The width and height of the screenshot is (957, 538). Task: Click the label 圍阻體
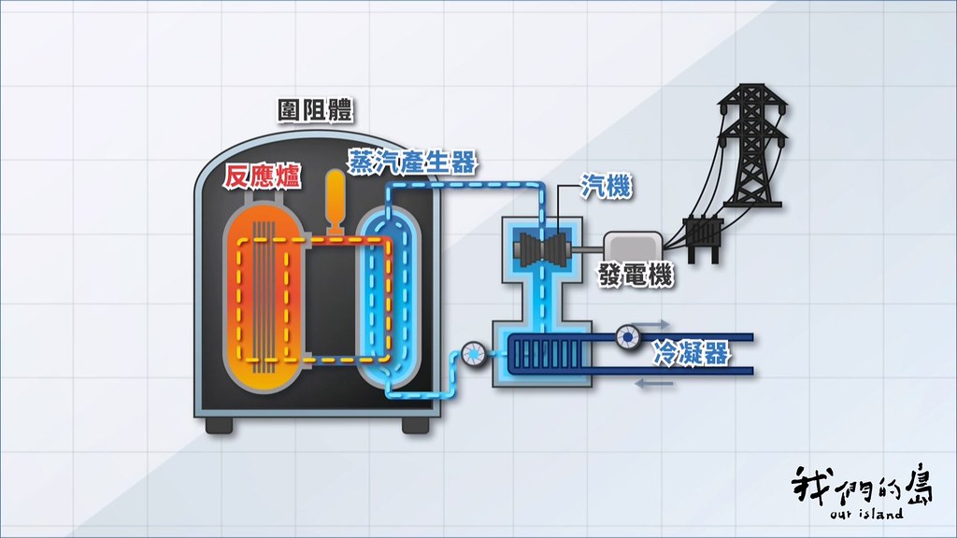[315, 111]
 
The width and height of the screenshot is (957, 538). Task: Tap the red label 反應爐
[262, 177]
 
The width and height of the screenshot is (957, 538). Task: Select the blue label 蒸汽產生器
[412, 162]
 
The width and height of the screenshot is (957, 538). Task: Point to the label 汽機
[606, 186]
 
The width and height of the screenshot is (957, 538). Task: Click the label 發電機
[636, 275]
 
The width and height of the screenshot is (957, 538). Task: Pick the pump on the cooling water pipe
[627, 336]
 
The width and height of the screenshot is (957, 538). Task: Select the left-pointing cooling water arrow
[653, 384]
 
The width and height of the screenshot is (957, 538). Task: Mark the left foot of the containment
[219, 425]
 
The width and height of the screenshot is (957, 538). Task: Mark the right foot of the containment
[416, 425]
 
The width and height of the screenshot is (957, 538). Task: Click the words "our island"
[866, 514]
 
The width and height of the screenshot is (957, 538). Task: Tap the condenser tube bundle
[548, 353]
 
